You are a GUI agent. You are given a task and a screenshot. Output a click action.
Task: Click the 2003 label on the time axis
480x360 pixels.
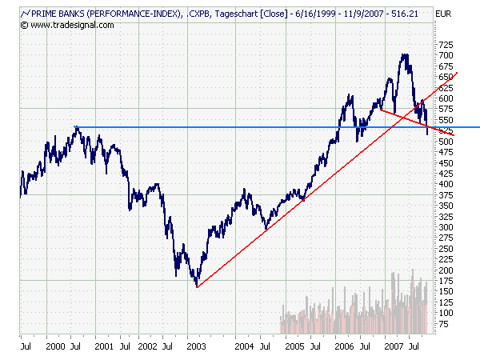(x=195, y=346)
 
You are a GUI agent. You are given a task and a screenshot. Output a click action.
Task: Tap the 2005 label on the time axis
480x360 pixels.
(x=294, y=346)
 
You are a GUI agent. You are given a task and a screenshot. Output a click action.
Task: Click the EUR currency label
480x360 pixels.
(x=444, y=14)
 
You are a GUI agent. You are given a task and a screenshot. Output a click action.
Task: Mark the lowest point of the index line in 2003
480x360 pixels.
(x=196, y=286)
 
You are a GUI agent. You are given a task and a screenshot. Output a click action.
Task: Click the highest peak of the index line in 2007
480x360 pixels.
(x=405, y=54)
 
